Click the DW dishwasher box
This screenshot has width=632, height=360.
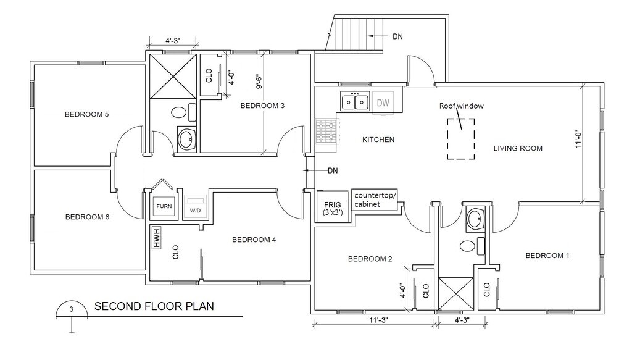[x=383, y=103]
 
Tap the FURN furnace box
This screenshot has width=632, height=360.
[x=164, y=206]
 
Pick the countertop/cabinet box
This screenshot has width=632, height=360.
[x=375, y=201]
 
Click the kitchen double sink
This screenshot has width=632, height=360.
[x=355, y=101]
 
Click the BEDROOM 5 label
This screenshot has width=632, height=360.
[x=87, y=114]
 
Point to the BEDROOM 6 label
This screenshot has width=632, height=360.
[x=87, y=217]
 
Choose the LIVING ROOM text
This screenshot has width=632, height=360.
[x=518, y=148]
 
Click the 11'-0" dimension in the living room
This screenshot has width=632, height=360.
[x=578, y=139]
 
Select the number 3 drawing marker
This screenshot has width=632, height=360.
[x=72, y=309]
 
